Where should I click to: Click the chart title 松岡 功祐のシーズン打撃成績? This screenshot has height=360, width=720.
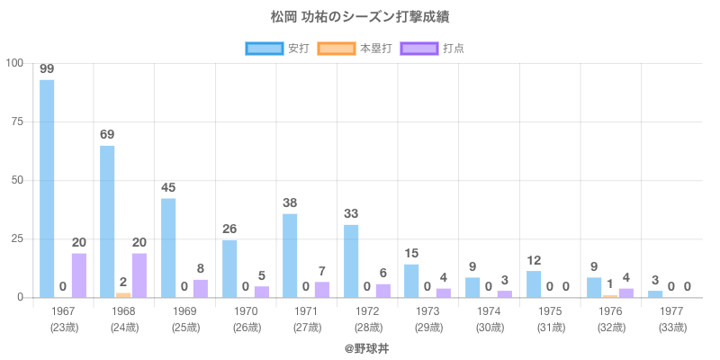click(359, 17)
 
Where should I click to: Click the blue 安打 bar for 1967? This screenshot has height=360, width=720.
click(47, 189)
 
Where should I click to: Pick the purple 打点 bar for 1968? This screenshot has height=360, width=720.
click(139, 274)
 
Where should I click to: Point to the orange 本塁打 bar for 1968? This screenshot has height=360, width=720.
click(123, 294)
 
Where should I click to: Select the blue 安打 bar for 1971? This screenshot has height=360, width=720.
click(290, 255)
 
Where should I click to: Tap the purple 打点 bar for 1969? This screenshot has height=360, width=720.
click(200, 288)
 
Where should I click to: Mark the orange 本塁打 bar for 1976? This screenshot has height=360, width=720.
click(610, 296)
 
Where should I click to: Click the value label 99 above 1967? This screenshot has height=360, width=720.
click(47, 69)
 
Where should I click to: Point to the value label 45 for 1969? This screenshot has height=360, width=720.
click(168, 187)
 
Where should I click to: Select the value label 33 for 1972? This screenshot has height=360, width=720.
click(351, 214)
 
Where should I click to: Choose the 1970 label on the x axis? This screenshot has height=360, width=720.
click(246, 311)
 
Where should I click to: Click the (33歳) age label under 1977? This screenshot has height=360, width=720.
click(671, 327)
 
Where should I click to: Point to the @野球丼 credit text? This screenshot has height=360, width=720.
click(359, 347)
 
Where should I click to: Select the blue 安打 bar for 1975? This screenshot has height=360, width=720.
click(534, 283)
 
